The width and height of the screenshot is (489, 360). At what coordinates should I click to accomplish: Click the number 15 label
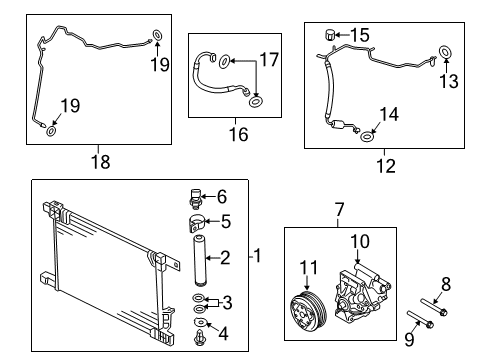pyautogui.click(x=360, y=35)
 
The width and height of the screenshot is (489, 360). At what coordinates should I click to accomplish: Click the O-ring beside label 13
pyautogui.click(x=443, y=53)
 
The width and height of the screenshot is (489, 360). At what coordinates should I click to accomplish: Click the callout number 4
pyautogui.click(x=224, y=333)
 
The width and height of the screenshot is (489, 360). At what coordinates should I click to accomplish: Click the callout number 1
pyautogui.click(x=257, y=255)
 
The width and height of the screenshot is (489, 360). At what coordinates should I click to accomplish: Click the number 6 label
pyautogui.click(x=223, y=197)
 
